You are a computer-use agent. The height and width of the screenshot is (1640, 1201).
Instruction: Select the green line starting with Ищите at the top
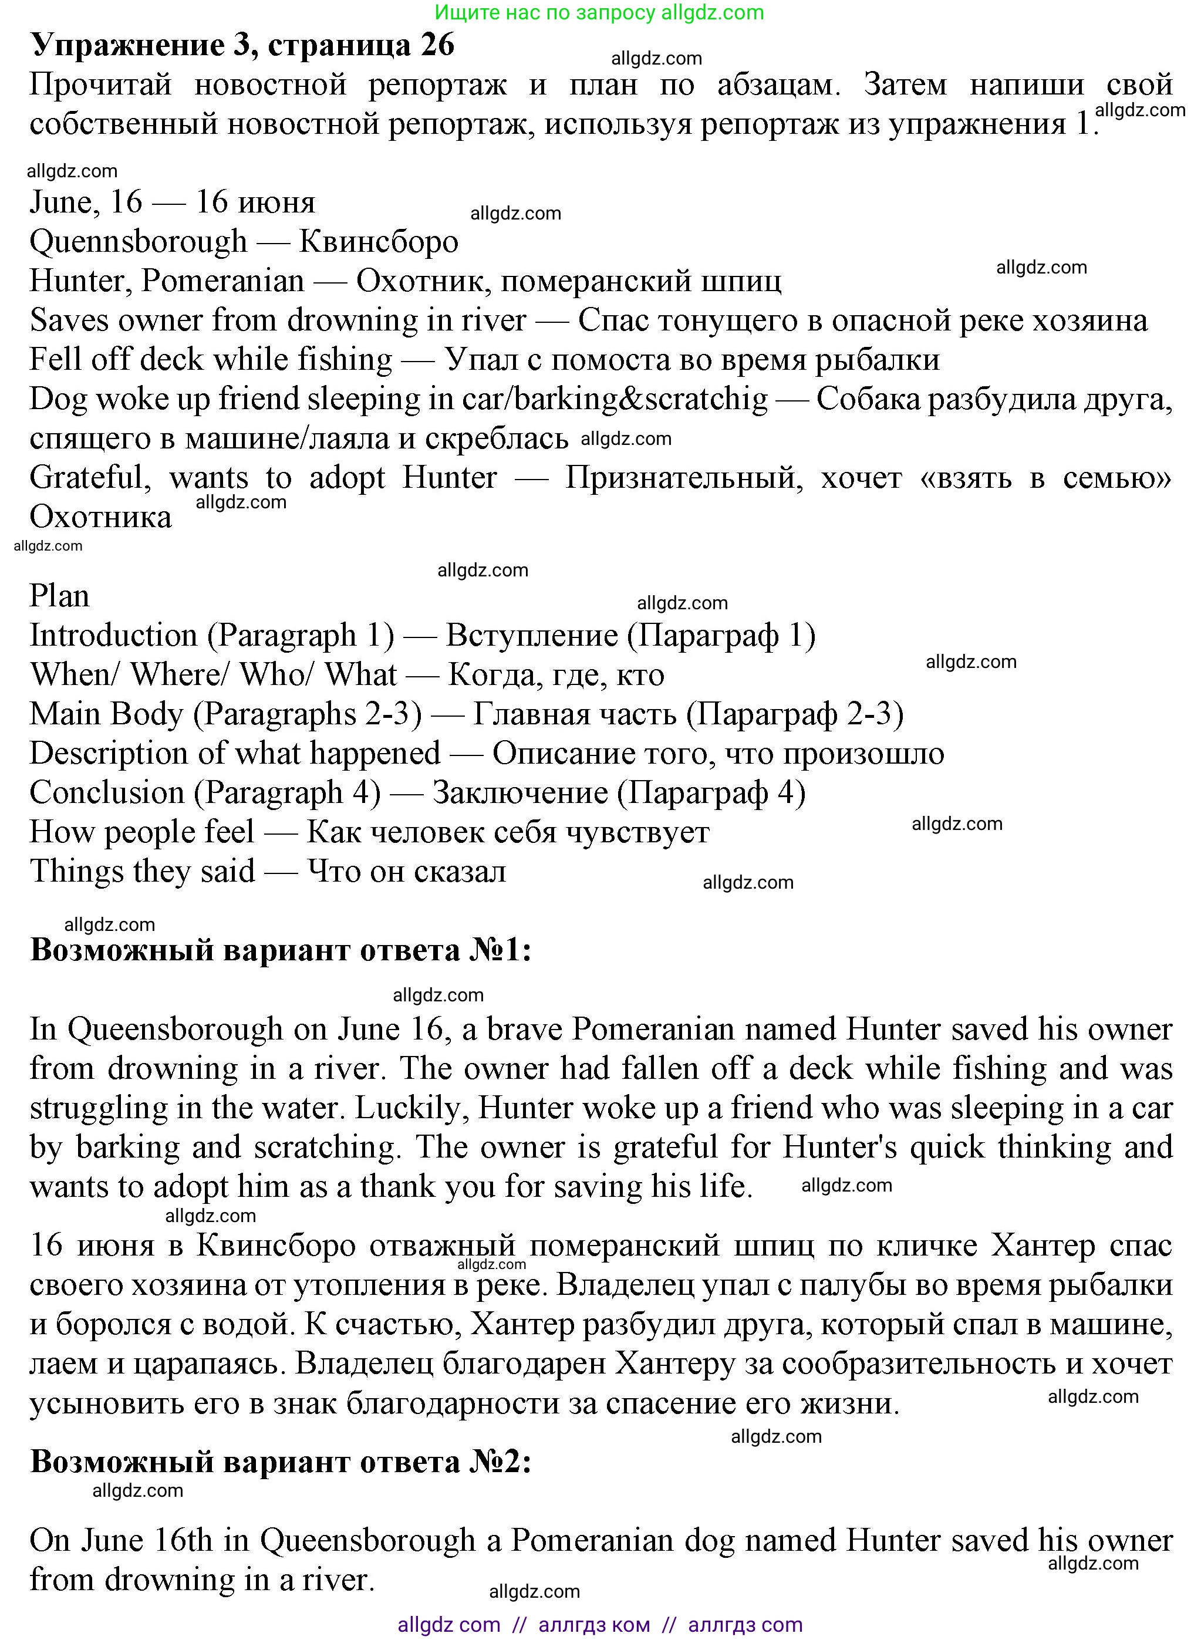pos(600,12)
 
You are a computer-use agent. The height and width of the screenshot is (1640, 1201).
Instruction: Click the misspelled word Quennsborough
pos(138,241)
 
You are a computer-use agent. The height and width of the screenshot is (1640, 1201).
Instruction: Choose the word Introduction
pos(113,635)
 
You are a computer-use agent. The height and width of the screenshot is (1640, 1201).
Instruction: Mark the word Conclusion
pos(107,792)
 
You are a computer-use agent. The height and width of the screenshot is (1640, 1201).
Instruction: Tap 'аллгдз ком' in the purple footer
pos(594,1625)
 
